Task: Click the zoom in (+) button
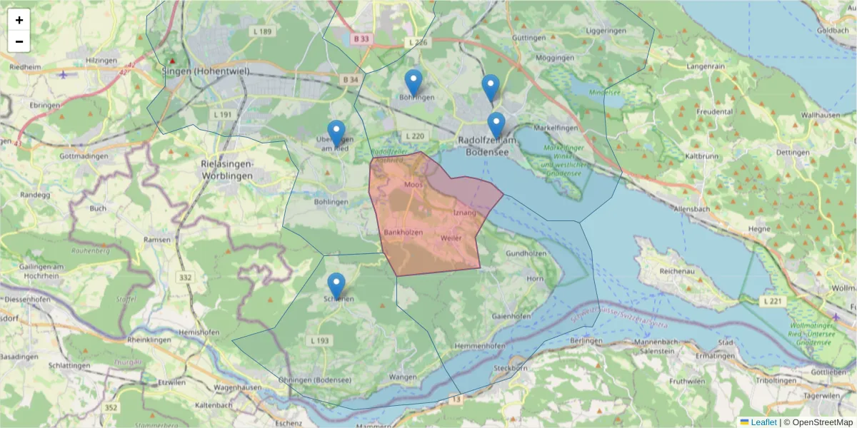click(19, 20)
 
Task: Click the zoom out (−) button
click(19, 41)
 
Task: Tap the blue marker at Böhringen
click(413, 82)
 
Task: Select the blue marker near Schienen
click(336, 285)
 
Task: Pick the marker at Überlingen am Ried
click(336, 133)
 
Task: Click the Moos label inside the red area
click(414, 185)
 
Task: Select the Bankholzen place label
click(403, 233)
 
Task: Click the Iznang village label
click(464, 213)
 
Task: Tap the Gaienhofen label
click(511, 316)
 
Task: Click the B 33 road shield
click(361, 39)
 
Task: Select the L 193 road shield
click(320, 340)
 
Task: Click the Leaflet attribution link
click(763, 422)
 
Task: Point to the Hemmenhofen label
click(479, 346)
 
